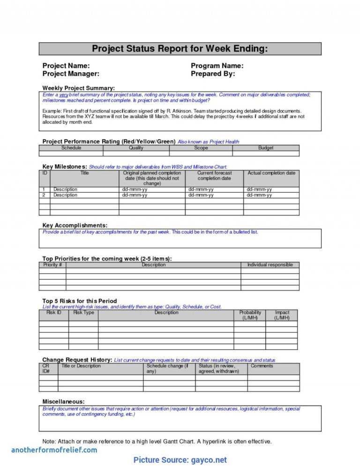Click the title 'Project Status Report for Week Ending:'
pyautogui.click(x=180, y=49)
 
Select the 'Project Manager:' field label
pyautogui.click(x=71, y=74)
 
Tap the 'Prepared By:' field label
pyautogui.click(x=213, y=74)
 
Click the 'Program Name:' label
pyautogui.click(x=217, y=66)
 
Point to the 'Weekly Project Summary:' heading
pyautogui.click(x=78, y=88)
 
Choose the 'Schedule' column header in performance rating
pyautogui.click(x=71, y=148)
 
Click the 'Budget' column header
pyautogui.click(x=266, y=148)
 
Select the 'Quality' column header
pyautogui.click(x=136, y=148)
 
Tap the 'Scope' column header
pyautogui.click(x=201, y=148)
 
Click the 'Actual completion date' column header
pyautogui.click(x=271, y=173)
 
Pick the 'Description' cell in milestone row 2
pyautogui.click(x=65, y=195)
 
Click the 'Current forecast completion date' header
pyautogui.click(x=214, y=175)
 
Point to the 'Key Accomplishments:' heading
pyautogui.click(x=75, y=225)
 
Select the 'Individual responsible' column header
pyautogui.click(x=270, y=265)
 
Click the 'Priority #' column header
pyautogui.click(x=52, y=265)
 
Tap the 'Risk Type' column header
pyautogui.click(x=83, y=313)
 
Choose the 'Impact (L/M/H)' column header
pyautogui.click(x=282, y=315)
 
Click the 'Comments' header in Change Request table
pyautogui.click(x=262, y=366)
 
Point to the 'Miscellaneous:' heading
pyautogui.click(x=63, y=402)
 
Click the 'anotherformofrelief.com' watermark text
pyautogui.click(x=54, y=450)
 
